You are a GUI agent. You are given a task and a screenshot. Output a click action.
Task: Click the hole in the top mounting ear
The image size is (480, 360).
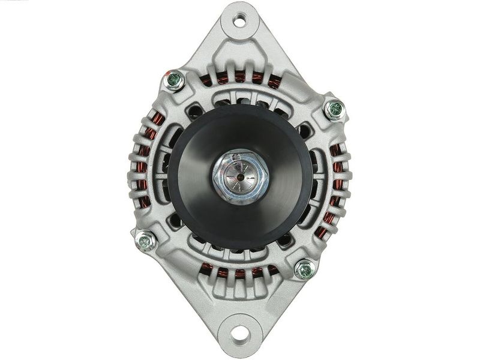pyautogui.click(x=239, y=22)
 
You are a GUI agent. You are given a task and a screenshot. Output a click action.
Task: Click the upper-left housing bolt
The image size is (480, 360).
pyautogui.click(x=173, y=80)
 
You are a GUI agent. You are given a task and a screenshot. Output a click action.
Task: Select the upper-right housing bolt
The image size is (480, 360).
pyautogui.click(x=334, y=109)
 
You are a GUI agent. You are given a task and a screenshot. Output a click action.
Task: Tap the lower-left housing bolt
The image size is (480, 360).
pyautogui.click(x=145, y=241)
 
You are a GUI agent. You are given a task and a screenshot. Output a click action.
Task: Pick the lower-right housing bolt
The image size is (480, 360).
pyautogui.click(x=305, y=269)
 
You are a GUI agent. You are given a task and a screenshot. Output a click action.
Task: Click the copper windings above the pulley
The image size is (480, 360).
pyautogui.click(x=240, y=77)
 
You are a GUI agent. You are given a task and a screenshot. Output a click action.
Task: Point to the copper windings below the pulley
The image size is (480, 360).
pyautogui.click(x=240, y=273)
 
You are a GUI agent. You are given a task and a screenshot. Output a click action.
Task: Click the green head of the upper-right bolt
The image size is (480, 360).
pyautogui.click(x=334, y=109)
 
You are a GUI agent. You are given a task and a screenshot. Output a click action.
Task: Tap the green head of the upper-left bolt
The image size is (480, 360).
pyautogui.click(x=173, y=80)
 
